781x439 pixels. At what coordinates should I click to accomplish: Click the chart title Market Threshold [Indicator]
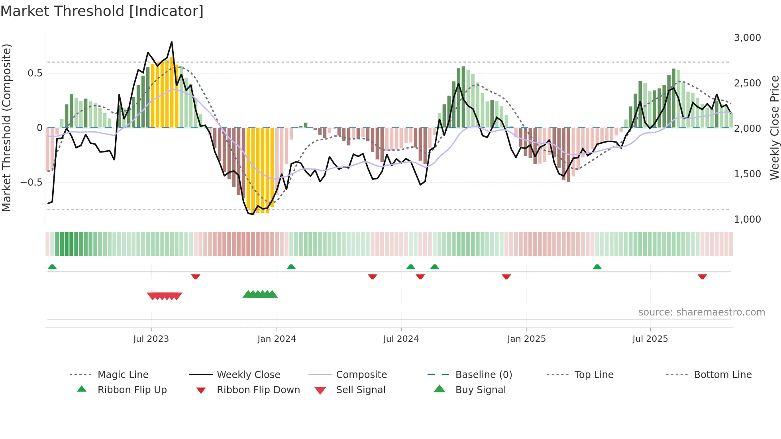102,11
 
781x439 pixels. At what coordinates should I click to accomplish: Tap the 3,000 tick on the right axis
747,38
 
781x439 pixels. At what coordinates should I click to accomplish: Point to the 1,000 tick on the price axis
747,219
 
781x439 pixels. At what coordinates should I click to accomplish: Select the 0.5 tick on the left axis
35,73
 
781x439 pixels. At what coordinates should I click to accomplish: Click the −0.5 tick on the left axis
31,182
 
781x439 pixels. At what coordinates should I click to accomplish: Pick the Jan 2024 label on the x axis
277,339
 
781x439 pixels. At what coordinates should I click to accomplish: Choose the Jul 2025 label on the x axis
650,339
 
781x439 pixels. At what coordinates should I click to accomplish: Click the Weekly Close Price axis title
774,127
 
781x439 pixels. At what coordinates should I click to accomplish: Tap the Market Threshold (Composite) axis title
7,127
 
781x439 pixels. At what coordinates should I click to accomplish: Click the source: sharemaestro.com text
701,312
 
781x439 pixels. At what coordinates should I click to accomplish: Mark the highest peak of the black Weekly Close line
172,42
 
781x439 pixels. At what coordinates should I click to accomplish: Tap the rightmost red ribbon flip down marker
702,276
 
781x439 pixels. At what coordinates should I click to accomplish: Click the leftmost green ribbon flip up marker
52,267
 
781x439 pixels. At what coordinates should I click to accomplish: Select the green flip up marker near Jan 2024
291,267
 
